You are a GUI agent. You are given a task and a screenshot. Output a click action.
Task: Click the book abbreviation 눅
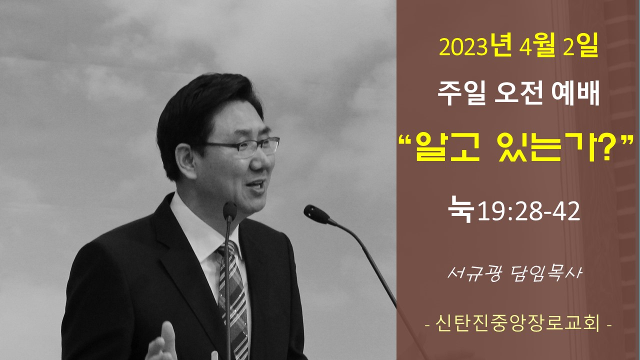coord(461,209)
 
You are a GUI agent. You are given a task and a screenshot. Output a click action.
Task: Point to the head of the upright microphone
coord(229,211)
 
